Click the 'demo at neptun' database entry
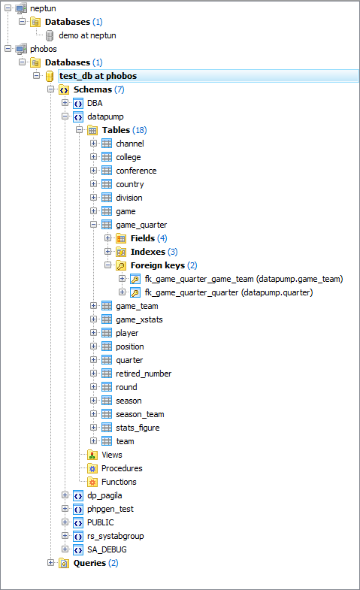[x=87, y=35]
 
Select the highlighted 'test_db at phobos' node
[x=98, y=76]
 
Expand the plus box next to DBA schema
[x=65, y=103]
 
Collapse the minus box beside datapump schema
[x=65, y=116]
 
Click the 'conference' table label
[x=136, y=171]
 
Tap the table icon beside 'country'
[x=107, y=184]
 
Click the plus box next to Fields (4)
[x=108, y=238]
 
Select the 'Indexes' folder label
[x=148, y=252]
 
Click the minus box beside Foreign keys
[x=108, y=265]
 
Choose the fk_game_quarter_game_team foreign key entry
[x=244, y=279]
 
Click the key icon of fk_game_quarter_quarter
[x=135, y=292]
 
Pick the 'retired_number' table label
[x=144, y=374]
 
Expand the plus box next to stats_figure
[x=94, y=428]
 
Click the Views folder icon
[x=92, y=455]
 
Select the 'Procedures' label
[x=122, y=468]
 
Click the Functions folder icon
[x=92, y=482]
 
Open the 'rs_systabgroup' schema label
[x=116, y=536]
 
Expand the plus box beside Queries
[x=51, y=562]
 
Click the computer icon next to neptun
[x=21, y=8]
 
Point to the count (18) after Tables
[x=140, y=130]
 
